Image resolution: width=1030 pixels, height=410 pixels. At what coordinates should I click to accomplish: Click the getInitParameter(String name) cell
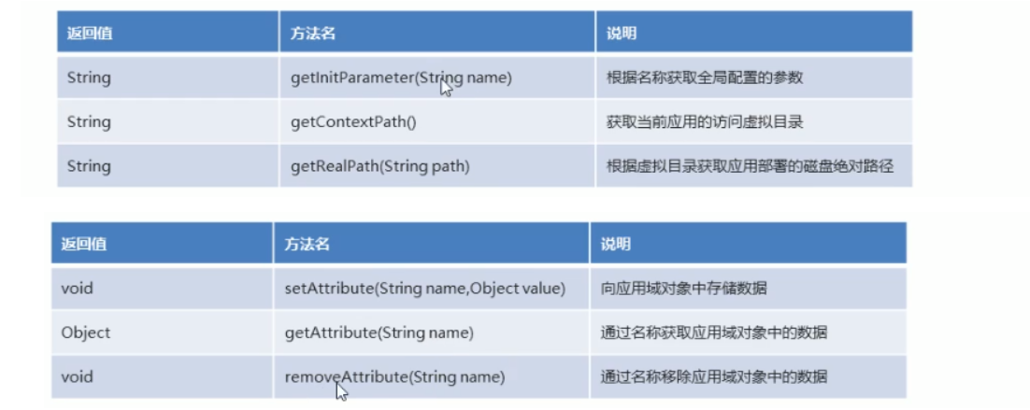pos(401,78)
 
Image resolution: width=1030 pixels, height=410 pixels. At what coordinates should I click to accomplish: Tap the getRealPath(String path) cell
pos(379,166)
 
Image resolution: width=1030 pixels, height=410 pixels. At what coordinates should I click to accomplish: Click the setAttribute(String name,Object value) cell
pos(424,289)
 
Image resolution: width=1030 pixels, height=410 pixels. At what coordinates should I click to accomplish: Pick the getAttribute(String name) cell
pos(379,332)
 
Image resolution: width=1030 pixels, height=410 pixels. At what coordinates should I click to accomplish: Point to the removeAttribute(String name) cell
pos(394,377)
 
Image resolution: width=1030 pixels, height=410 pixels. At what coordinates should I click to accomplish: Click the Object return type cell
pos(85,332)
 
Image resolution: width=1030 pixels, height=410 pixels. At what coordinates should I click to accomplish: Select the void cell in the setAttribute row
pos(78,289)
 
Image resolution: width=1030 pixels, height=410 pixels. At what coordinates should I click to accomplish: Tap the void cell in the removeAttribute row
pos(78,377)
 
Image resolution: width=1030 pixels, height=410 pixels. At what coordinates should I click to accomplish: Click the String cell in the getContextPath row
pos(89,121)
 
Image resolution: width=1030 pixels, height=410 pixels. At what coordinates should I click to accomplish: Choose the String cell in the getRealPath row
pos(89,166)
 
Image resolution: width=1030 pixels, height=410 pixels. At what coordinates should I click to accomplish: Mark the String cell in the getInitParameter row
pos(89,78)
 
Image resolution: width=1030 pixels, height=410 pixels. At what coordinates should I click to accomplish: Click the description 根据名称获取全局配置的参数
pos(704,78)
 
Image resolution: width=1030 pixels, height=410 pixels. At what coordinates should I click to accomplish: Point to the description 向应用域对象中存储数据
pos(683,289)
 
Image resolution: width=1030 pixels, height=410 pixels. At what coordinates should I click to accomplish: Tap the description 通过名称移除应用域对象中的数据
pos(714,377)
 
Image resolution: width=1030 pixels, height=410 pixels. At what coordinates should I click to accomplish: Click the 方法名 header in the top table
pos(313,34)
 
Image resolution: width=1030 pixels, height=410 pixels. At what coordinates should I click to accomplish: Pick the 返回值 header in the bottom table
pos(84,245)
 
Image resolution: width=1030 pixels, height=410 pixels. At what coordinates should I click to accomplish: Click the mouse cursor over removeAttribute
pos(341,390)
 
